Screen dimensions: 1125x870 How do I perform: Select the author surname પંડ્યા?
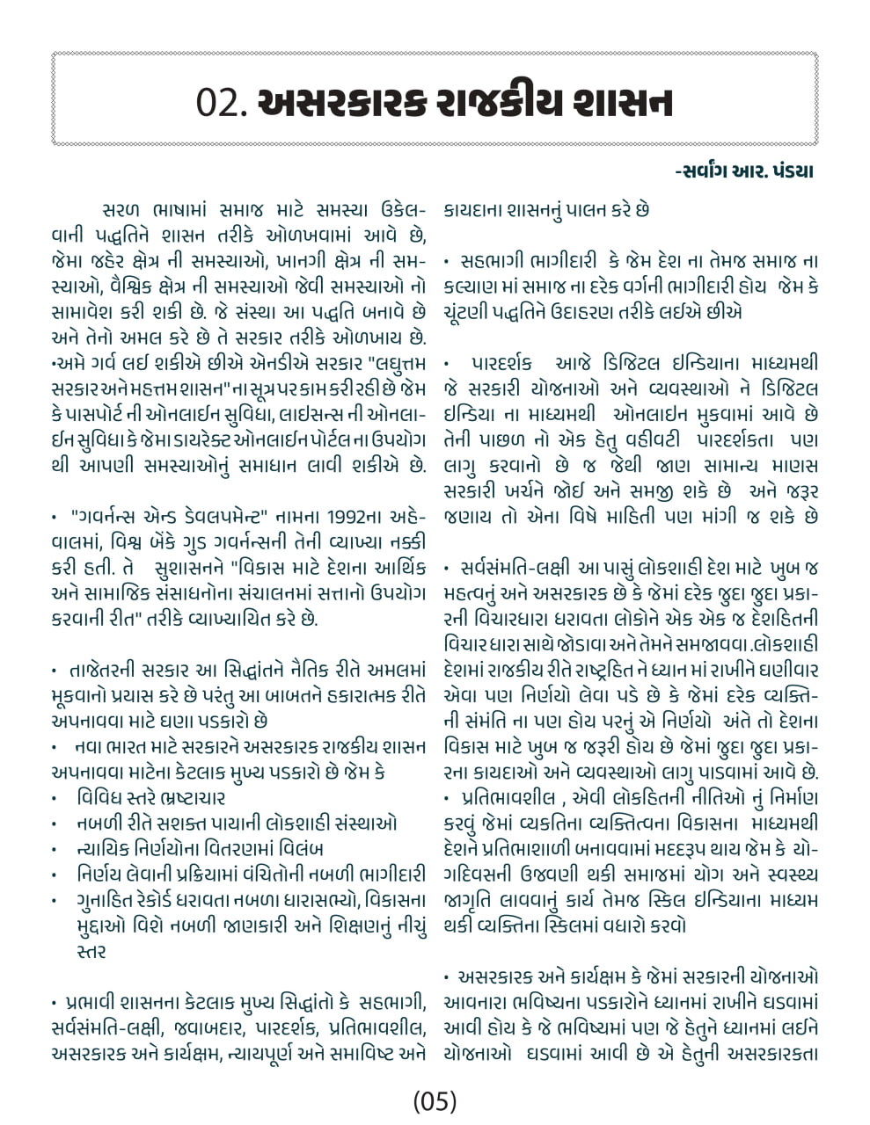tap(789, 171)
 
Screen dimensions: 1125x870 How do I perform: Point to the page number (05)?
tap(435, 1100)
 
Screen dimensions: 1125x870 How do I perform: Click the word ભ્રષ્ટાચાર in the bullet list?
tap(183, 798)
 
